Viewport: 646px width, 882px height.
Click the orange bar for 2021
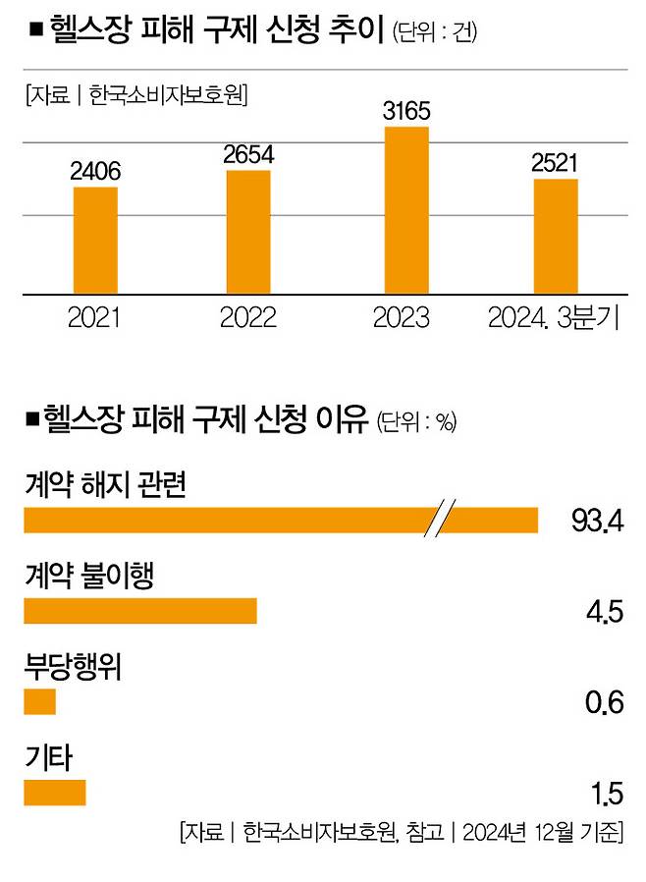pyautogui.click(x=95, y=240)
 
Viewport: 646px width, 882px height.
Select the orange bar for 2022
pyautogui.click(x=248, y=232)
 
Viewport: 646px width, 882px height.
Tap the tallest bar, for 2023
pyautogui.click(x=405, y=210)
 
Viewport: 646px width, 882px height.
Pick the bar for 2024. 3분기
pyautogui.click(x=556, y=236)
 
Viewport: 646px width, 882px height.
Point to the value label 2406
pyautogui.click(x=95, y=171)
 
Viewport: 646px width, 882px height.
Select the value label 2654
pyautogui.click(x=248, y=154)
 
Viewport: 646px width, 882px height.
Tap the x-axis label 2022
pyautogui.click(x=248, y=318)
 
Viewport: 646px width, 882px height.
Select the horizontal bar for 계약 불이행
pyautogui.click(x=139, y=611)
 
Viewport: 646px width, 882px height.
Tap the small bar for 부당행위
pyautogui.click(x=40, y=701)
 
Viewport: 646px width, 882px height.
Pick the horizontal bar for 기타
pyautogui.click(x=55, y=792)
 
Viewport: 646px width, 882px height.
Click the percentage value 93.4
pyautogui.click(x=597, y=522)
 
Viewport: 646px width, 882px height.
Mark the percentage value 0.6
pyautogui.click(x=604, y=702)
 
